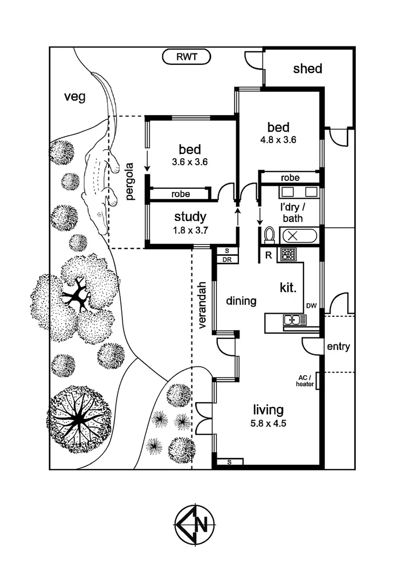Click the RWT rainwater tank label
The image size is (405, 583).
click(187, 56)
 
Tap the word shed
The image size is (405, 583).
click(307, 69)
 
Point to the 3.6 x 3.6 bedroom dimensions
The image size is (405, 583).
click(190, 161)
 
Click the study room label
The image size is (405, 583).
click(190, 217)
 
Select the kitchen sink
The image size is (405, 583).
click(294, 321)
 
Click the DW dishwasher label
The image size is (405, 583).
click(311, 306)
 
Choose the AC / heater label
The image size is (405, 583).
click(305, 381)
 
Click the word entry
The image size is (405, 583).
click(339, 347)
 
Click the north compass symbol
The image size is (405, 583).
click(195, 524)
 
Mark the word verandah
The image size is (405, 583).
click(203, 304)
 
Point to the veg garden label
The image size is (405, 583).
click(75, 97)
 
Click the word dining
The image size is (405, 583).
click(241, 301)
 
